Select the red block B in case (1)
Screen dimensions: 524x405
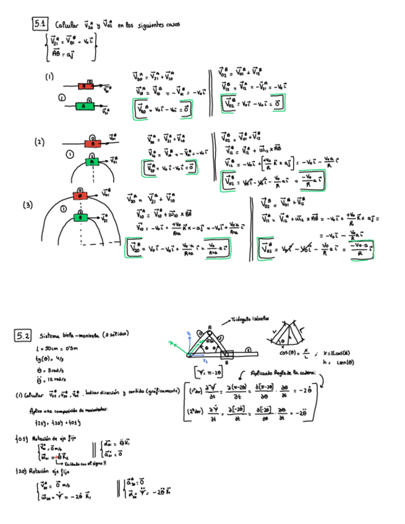point(85,87)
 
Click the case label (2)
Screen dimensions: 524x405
point(40,142)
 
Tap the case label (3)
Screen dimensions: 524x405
point(28,205)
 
